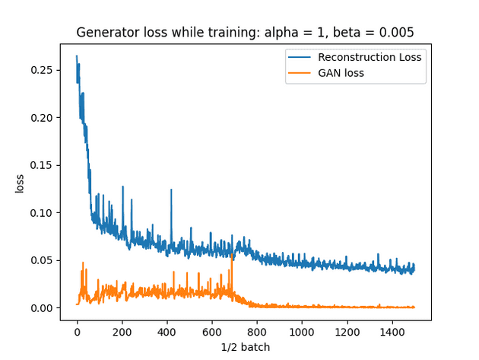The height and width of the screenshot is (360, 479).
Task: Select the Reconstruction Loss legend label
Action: [x=369, y=57]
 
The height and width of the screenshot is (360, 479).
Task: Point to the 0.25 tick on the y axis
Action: [x=44, y=70]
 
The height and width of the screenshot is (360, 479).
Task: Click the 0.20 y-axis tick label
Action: [x=44, y=118]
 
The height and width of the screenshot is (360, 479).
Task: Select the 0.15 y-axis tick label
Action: [x=44, y=165]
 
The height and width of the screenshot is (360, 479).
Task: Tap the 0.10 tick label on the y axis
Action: [x=44, y=212]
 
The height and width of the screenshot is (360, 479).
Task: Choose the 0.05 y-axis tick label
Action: [x=44, y=260]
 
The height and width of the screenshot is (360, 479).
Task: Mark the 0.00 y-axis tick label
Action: [x=44, y=307]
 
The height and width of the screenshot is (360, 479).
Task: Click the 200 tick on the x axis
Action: [x=122, y=333]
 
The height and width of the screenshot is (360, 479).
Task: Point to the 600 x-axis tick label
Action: [x=211, y=333]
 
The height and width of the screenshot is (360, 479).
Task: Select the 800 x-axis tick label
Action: [x=256, y=333]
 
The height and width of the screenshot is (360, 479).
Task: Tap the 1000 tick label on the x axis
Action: [x=301, y=333]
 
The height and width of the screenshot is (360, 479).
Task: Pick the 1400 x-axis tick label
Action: [x=391, y=333]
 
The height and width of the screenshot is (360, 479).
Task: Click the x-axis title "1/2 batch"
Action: [x=243, y=347]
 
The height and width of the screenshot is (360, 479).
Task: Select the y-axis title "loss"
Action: [x=20, y=184]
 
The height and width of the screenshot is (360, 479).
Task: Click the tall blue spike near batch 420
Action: [x=171, y=190]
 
